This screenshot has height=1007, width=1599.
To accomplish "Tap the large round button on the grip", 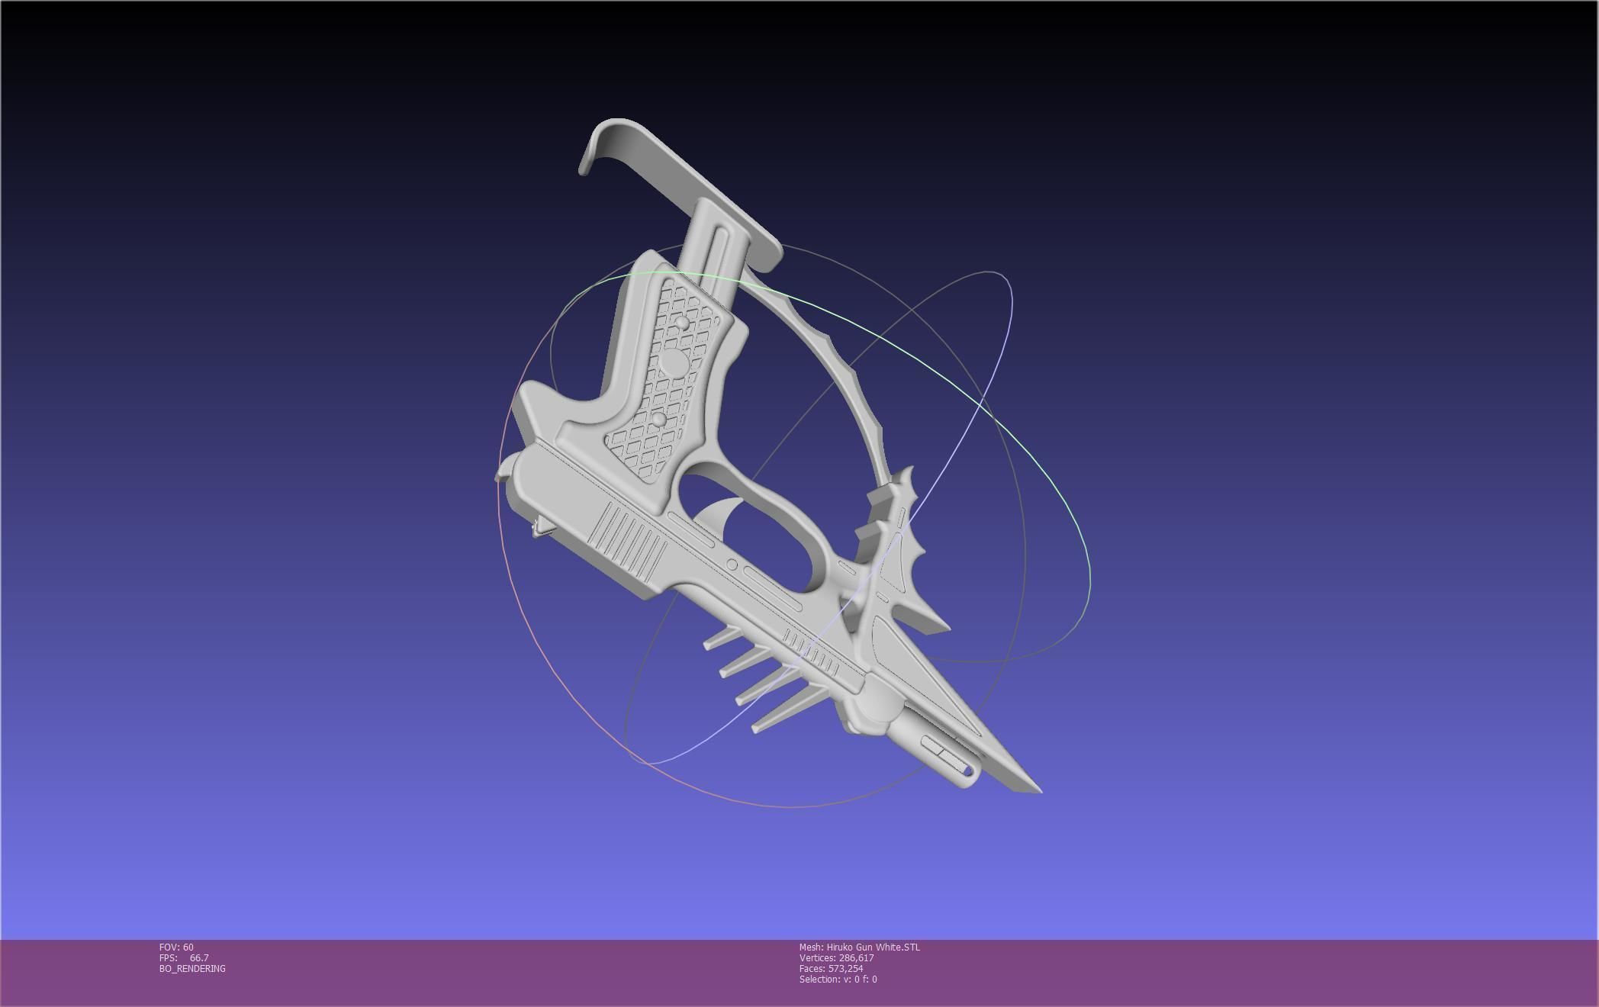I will tap(673, 363).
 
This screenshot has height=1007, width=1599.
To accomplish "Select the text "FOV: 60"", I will tap(176, 947).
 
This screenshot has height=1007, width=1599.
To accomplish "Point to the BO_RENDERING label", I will tap(192, 968).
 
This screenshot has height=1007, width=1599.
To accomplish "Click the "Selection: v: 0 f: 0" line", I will tap(838, 979).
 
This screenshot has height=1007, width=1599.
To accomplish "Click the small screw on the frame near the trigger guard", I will tap(732, 565).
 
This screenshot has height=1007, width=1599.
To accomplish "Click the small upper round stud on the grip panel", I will tap(681, 325).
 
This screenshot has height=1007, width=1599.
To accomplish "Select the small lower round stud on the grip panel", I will tap(659, 419).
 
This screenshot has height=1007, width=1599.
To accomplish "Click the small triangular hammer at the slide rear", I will tap(542, 526).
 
